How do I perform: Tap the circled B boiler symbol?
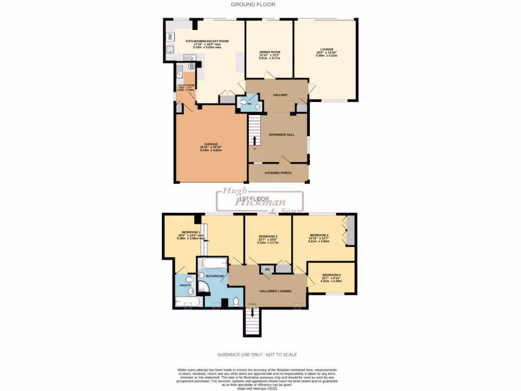(x=191, y=67)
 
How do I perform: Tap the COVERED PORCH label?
(x=278, y=173)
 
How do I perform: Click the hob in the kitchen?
(x=169, y=50)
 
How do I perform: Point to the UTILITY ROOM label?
(x=186, y=86)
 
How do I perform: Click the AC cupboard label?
(x=267, y=269)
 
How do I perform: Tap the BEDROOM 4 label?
(x=331, y=275)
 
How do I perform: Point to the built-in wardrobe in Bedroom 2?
(x=349, y=231)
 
